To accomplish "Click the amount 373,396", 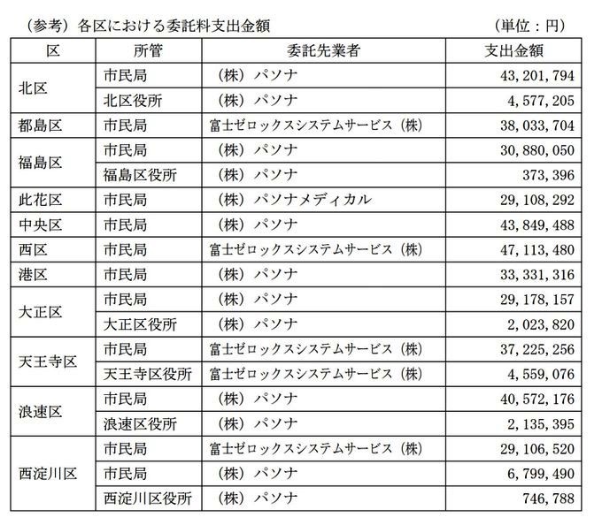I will point(553,174).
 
